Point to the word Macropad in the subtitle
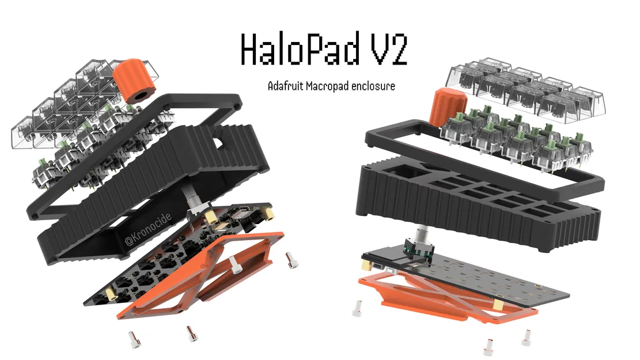pyautogui.click(x=335, y=86)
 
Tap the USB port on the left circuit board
pyautogui.click(x=237, y=208)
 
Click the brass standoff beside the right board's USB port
pyautogui.click(x=367, y=266)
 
